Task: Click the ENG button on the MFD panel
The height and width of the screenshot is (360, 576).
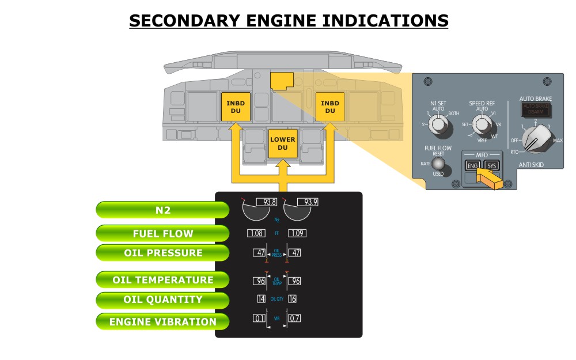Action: [472, 166]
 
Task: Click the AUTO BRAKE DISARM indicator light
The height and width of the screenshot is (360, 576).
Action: [535, 109]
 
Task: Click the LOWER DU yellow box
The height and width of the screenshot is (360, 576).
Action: [282, 143]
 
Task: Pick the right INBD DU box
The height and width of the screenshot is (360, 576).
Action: [330, 107]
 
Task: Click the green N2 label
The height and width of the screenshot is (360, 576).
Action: [162, 210]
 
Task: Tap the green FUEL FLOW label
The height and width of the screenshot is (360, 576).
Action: [162, 233]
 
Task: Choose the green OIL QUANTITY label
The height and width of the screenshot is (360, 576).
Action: [162, 300]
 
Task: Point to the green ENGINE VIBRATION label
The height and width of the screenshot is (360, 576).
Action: [162, 322]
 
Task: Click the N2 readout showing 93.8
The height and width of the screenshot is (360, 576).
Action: [267, 202]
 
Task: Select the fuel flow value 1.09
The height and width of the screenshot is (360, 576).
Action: [297, 233]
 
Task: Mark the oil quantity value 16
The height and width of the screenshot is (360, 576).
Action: [292, 299]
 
